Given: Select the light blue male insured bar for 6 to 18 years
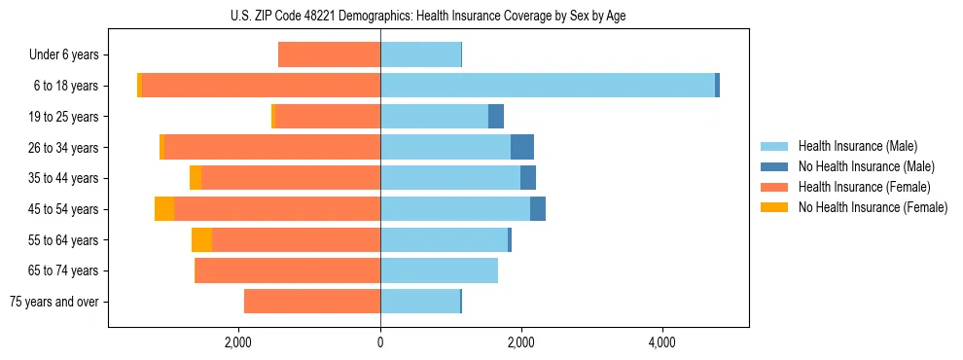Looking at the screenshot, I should pos(548,86).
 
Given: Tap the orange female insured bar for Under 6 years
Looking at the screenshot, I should pos(329,54).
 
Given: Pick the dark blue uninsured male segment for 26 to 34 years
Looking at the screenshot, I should pos(522,147).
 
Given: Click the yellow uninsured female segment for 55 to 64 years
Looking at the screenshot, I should pos(201,239).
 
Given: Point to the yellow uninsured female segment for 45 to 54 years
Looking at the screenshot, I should pos(164,209).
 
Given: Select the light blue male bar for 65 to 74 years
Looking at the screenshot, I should pos(439,270).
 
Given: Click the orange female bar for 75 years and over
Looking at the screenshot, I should pos(312,302).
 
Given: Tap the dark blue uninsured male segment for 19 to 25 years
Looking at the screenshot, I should pos(496,117).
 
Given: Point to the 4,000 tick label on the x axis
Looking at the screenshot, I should pos(662,343).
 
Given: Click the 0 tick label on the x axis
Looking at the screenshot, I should pos(380,343).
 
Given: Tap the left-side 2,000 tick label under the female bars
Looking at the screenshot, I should pos(238,343).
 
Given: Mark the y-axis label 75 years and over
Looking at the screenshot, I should pos(54,302).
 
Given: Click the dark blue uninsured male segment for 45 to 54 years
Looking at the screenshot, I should pos(538,209).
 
